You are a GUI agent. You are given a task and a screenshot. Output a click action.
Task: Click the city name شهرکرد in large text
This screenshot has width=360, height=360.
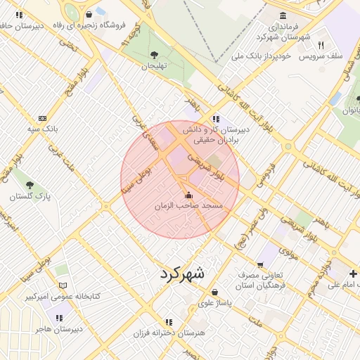tap(181, 274)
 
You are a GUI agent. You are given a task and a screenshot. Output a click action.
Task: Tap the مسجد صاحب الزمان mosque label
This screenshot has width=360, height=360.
tap(188, 205)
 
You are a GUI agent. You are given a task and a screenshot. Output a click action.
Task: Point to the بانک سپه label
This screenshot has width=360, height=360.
tap(43, 129)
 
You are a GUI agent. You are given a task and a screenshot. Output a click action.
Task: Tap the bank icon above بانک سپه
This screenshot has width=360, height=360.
tap(43, 118)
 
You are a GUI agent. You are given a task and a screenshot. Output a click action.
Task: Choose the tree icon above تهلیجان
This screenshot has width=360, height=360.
tap(154, 54)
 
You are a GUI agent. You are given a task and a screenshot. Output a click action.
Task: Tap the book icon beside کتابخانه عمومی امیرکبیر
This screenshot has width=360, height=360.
tap(63, 286)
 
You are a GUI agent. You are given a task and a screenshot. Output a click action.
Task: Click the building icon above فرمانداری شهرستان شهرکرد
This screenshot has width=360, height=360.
tap(283, 15)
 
